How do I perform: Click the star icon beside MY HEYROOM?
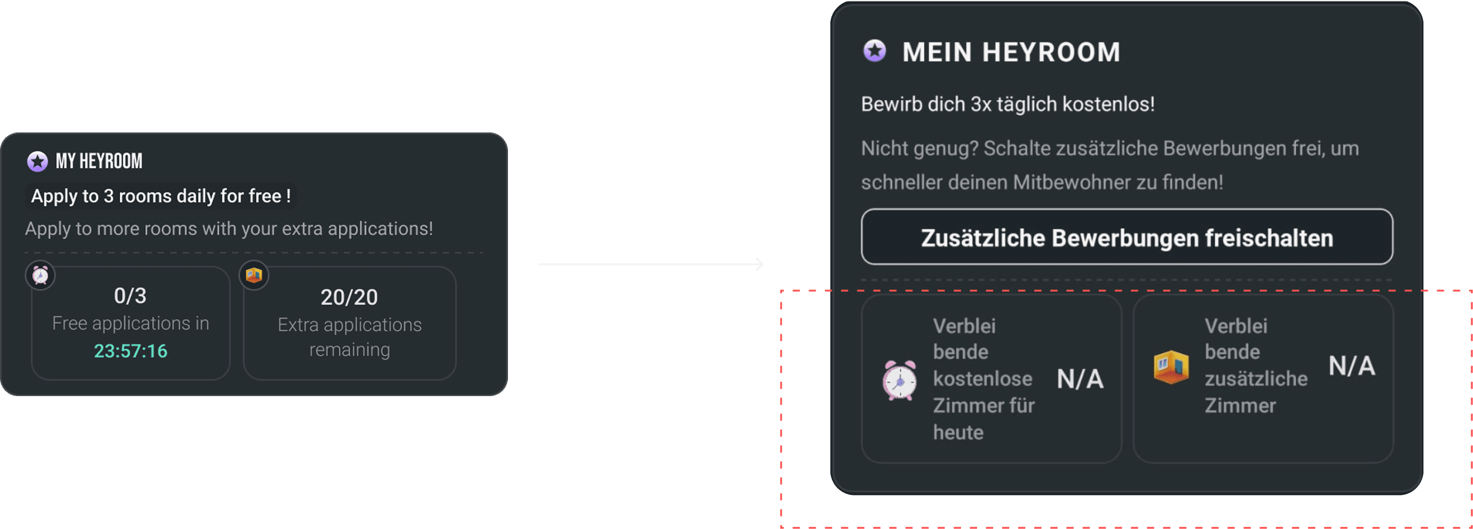tap(38, 162)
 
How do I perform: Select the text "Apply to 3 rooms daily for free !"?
tap(161, 196)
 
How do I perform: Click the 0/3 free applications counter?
tap(130, 296)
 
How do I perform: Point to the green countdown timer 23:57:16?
tap(130, 351)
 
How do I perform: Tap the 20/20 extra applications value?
tap(349, 297)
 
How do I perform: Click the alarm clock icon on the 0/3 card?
tap(40, 275)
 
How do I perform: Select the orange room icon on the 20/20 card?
tap(254, 275)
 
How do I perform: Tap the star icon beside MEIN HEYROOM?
tap(874, 51)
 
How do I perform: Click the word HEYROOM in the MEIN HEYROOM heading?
tap(1051, 52)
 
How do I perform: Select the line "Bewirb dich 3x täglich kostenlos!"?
tap(1007, 104)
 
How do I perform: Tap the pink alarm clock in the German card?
tap(899, 380)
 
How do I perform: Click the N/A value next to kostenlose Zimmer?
tap(1079, 379)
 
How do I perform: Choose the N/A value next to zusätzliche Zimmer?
tap(1351, 366)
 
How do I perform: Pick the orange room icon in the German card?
tap(1171, 367)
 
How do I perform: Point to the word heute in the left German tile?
tap(958, 432)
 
